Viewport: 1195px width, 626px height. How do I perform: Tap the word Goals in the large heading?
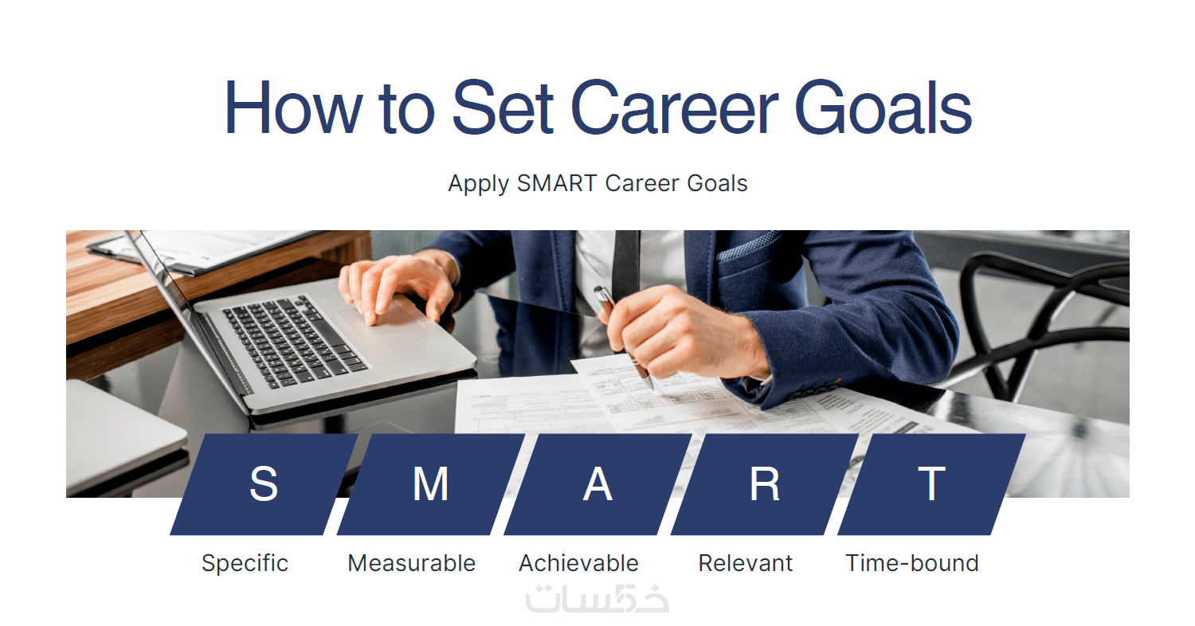click(884, 107)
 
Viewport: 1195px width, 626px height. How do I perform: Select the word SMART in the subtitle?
click(557, 183)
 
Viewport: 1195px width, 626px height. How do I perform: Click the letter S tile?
click(264, 484)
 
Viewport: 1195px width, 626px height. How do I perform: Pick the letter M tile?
click(430, 484)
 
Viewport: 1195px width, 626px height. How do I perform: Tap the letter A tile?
click(597, 484)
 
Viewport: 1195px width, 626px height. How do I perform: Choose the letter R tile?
click(765, 484)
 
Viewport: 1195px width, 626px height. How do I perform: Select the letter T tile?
click(931, 484)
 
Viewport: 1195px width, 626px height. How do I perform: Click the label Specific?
click(245, 564)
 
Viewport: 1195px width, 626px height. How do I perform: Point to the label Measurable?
click(411, 564)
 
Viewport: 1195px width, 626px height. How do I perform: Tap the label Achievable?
click(579, 564)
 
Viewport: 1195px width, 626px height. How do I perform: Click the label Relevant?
click(745, 564)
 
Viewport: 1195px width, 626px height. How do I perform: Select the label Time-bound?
click(912, 564)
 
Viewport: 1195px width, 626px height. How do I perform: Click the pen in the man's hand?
click(624, 337)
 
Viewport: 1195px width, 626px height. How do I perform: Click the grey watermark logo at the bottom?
click(597, 598)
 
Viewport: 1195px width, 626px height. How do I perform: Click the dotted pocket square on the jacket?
click(747, 245)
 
